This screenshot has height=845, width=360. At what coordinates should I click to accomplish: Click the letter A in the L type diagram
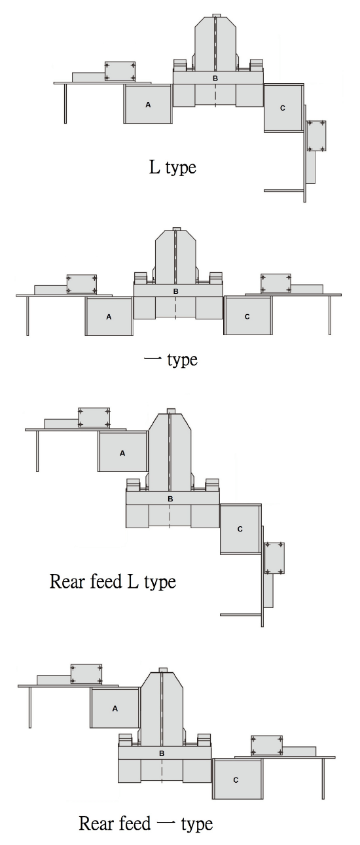[x=148, y=105]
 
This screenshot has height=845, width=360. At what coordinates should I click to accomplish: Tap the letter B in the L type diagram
[x=215, y=79]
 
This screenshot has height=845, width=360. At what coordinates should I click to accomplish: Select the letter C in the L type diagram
[x=283, y=108]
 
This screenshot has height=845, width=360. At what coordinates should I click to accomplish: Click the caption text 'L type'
[x=172, y=167]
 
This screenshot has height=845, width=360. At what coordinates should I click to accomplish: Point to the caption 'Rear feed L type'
[x=113, y=581]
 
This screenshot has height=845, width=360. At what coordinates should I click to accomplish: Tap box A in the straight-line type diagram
[x=109, y=317]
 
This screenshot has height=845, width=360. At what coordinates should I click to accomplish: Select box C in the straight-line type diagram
[x=247, y=315]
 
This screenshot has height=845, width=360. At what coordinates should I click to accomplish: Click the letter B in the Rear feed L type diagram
[x=170, y=499]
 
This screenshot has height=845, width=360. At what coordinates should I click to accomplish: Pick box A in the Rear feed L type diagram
[x=122, y=452]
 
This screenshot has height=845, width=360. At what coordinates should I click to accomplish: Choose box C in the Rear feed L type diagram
[x=240, y=529]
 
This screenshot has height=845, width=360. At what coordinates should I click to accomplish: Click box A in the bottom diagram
[x=115, y=708]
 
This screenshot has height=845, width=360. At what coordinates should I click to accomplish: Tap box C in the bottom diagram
[x=236, y=779]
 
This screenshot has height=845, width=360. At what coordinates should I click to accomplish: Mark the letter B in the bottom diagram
[x=162, y=754]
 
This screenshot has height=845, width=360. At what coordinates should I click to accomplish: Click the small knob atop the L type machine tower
[x=216, y=16]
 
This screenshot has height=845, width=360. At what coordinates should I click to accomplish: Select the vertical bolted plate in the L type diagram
[x=317, y=135]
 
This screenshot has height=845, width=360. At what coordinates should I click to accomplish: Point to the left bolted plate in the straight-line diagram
[x=82, y=284]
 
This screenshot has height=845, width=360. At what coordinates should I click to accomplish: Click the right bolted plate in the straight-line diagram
[x=276, y=283]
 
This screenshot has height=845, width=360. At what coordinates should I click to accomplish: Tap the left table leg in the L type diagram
[x=65, y=103]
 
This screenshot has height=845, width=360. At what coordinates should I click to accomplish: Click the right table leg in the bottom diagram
[x=323, y=778]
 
